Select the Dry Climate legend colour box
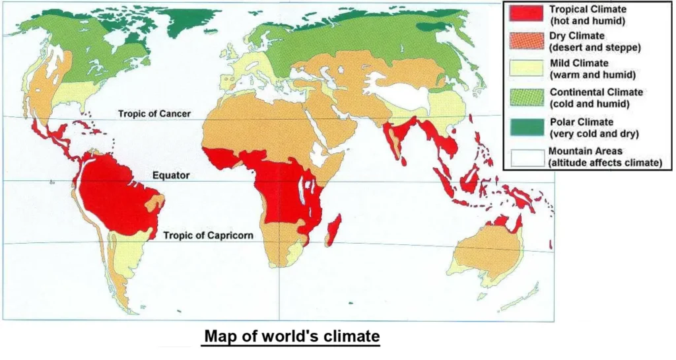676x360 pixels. [527, 41]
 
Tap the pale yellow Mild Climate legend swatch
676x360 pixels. [527, 69]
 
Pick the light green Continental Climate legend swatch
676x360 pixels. [527, 98]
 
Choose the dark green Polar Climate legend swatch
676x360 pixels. [527, 127]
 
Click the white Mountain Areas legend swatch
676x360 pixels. [527, 156]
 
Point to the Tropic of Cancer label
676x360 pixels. [154, 114]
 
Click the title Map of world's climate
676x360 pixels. [292, 336]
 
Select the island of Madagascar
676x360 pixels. [333, 231]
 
